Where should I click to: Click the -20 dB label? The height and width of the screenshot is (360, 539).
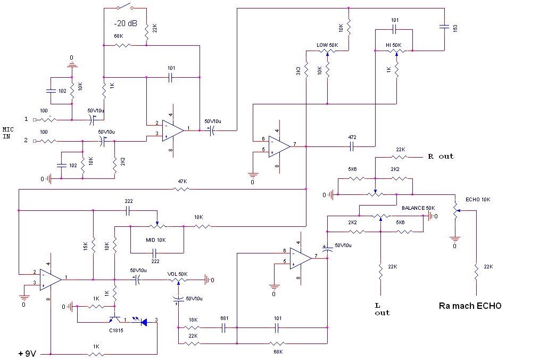[126, 23]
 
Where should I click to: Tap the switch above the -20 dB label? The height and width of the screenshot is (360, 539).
[125, 6]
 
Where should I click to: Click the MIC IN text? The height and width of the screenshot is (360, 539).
[8, 133]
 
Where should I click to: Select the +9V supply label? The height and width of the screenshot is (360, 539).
[27, 354]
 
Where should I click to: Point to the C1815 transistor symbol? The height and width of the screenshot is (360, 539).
[115, 320]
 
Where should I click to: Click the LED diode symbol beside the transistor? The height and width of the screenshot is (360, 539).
[144, 322]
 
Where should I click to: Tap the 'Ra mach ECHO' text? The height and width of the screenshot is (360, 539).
[470, 306]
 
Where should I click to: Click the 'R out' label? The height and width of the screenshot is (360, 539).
[441, 156]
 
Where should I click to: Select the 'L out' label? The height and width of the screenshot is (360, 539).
[382, 309]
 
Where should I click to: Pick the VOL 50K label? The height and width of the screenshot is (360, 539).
[177, 274]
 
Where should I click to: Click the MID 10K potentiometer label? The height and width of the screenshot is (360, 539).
[156, 240]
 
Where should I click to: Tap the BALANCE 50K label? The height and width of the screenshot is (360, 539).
[418, 208]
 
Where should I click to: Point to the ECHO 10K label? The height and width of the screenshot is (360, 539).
[478, 200]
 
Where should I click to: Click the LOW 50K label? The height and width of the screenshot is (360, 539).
[327, 45]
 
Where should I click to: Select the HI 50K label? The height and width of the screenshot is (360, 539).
[393, 45]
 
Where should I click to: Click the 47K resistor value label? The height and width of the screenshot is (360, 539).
[183, 182]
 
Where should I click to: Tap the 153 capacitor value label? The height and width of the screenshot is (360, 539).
[455, 28]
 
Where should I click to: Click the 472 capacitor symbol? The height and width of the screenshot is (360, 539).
[352, 147]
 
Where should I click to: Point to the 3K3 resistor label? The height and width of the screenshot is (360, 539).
[298, 71]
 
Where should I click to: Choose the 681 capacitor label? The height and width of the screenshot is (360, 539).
[224, 318]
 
